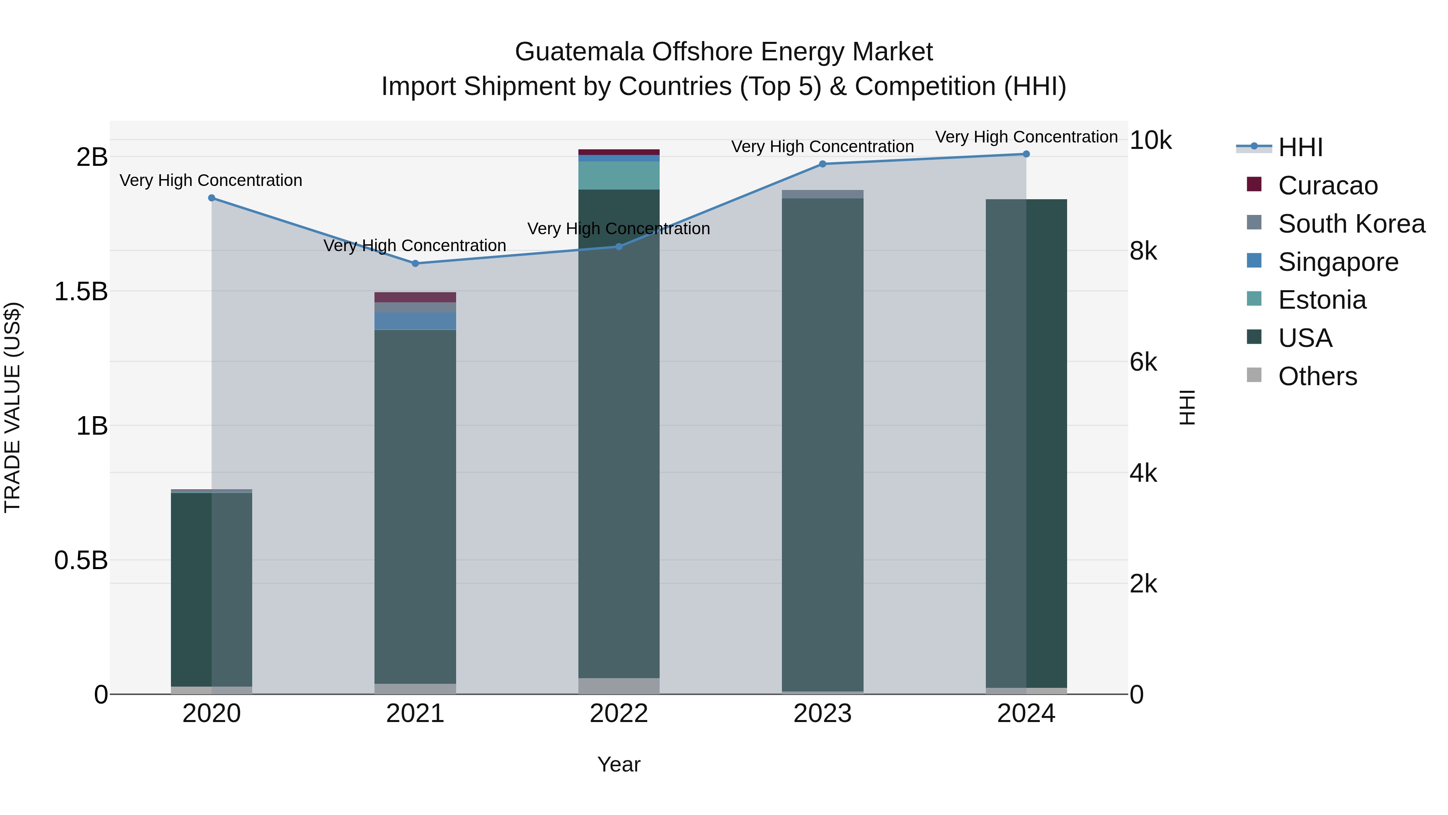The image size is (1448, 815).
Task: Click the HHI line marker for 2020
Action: pyautogui.click(x=211, y=198)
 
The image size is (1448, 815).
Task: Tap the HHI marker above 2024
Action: pyautogui.click(x=1026, y=154)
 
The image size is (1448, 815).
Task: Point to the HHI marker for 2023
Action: pyautogui.click(x=823, y=164)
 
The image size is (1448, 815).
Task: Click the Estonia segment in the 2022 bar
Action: pyautogui.click(x=619, y=175)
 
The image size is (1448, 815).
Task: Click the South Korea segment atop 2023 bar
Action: pyautogui.click(x=823, y=194)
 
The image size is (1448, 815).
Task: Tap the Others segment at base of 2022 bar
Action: pyautogui.click(x=619, y=686)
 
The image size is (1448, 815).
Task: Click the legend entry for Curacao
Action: pyautogui.click(x=1328, y=186)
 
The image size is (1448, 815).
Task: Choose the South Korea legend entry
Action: pyautogui.click(x=1351, y=224)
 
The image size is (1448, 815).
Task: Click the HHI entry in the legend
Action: pyautogui.click(x=1300, y=147)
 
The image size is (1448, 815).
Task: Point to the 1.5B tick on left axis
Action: pyautogui.click(x=81, y=291)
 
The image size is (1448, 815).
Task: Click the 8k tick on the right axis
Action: pyautogui.click(x=1144, y=252)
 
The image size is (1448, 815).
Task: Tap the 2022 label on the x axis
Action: pyautogui.click(x=619, y=714)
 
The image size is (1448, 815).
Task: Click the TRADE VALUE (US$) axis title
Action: pyautogui.click(x=12, y=407)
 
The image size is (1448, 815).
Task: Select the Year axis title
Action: pyautogui.click(x=619, y=764)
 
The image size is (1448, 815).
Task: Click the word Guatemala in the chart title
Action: pyautogui.click(x=578, y=52)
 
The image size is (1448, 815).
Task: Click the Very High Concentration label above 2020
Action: pyautogui.click(x=211, y=181)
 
